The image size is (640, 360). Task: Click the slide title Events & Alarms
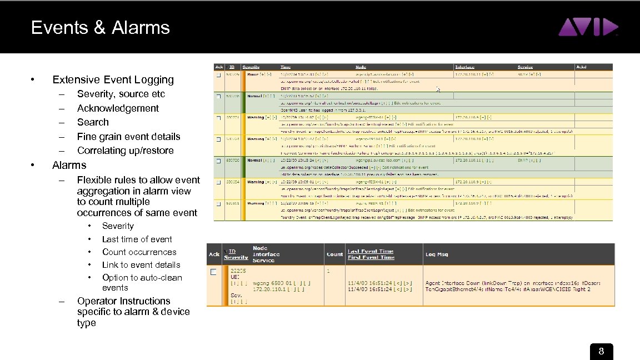(101, 28)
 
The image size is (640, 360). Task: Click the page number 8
(601, 352)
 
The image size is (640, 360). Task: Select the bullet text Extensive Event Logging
(113, 80)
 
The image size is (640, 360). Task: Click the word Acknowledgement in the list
(118, 108)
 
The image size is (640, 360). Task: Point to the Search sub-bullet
(93, 122)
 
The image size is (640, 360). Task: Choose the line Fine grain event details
(128, 137)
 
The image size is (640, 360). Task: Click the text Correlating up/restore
(125, 151)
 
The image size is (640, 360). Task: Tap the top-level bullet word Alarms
(69, 165)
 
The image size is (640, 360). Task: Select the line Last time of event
(137, 239)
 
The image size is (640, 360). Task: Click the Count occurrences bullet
(139, 252)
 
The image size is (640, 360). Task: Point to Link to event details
(141, 265)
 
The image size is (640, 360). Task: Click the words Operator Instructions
(123, 301)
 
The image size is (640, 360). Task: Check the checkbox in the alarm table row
(213, 272)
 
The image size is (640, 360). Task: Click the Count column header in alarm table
(334, 254)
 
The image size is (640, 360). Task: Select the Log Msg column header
(437, 254)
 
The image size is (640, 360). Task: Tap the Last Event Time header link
(371, 251)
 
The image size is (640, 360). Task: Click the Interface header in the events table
(464, 67)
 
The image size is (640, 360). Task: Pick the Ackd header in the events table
(581, 67)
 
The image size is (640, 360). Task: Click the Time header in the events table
(286, 67)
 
